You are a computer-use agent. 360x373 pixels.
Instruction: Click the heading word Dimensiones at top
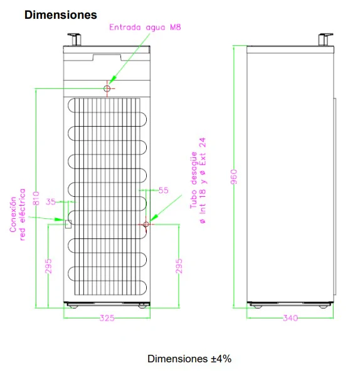pos(61,15)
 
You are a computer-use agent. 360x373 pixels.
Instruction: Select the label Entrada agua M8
pos(145,28)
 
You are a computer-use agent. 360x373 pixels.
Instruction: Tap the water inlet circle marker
pos(107,88)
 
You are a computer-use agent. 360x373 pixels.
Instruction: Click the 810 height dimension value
pos(36,198)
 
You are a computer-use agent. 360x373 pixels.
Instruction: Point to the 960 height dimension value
pos(234,177)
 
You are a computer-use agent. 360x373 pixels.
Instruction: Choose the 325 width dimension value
pos(107,318)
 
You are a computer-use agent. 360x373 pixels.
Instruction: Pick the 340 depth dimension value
pos(290,318)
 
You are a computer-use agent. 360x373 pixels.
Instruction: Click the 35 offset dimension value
pos(51,202)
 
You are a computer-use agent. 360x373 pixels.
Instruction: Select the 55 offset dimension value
pos(164,191)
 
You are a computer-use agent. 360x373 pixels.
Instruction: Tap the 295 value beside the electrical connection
pos(48,266)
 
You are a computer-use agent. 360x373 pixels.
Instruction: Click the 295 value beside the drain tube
pos(179,266)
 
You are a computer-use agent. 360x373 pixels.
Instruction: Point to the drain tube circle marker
pos(146,224)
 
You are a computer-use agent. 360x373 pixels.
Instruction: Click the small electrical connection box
pos(68,224)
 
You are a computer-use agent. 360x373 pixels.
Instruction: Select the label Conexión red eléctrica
pos(18,214)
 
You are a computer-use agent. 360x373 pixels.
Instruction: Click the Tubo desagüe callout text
pos(198,181)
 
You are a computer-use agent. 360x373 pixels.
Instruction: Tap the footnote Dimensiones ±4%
pos(189,359)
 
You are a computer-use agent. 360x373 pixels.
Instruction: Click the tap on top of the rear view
pos(75,39)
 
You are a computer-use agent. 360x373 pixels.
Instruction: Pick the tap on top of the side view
pos(326,39)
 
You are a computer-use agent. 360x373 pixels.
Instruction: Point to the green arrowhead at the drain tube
pos(154,218)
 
